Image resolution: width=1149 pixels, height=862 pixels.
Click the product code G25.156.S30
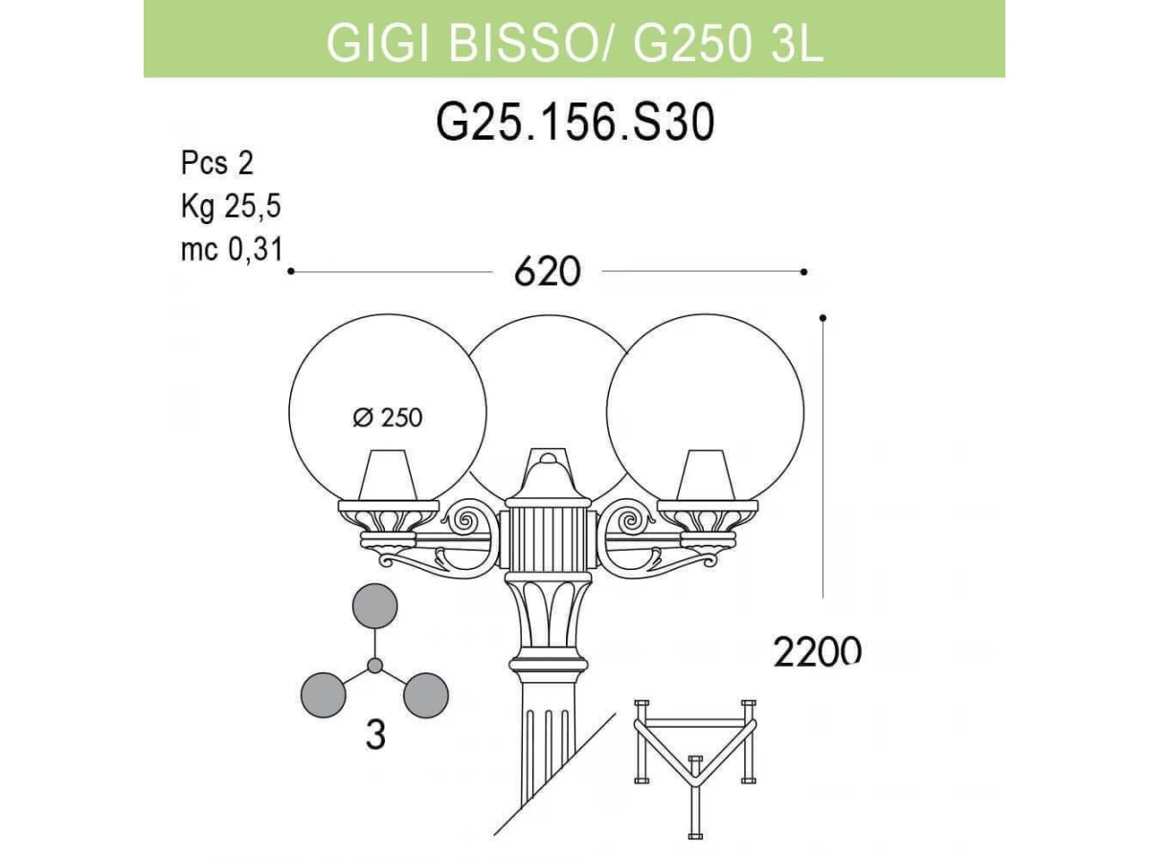coord(574,123)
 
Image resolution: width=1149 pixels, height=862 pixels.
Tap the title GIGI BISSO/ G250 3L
coord(574,43)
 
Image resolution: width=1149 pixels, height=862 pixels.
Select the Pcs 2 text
coord(217,163)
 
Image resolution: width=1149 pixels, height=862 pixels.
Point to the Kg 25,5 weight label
coord(231,206)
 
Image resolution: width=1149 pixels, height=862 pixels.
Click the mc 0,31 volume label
coord(232,249)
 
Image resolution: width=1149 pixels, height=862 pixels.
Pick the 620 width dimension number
coord(548,272)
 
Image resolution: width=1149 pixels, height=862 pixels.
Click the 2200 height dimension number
coord(817,651)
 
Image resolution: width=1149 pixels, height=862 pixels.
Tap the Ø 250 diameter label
coord(388,418)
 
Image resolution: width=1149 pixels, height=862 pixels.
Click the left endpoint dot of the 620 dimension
coord(291,271)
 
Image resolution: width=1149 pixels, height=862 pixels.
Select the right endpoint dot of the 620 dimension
coord(804,272)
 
